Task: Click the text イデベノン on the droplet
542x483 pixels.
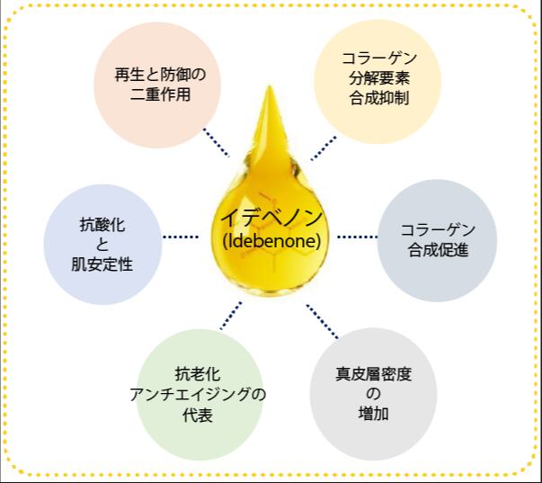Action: (x=271, y=218)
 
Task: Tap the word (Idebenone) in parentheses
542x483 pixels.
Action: (x=271, y=241)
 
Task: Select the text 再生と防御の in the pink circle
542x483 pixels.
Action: (x=160, y=75)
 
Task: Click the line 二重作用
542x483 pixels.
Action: (x=160, y=94)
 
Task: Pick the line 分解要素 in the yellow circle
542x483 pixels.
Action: (x=379, y=78)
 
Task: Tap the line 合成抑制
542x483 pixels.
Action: (x=379, y=98)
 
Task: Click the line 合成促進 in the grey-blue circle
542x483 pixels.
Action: (x=438, y=250)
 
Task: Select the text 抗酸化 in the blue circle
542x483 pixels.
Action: (x=102, y=225)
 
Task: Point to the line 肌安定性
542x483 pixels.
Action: (x=102, y=264)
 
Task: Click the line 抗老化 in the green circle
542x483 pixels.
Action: (x=198, y=374)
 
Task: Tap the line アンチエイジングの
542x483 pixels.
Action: (x=198, y=395)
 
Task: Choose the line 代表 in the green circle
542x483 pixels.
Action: (x=198, y=415)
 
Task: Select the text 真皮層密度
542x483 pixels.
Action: (x=374, y=374)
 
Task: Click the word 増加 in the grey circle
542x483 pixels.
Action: (x=374, y=414)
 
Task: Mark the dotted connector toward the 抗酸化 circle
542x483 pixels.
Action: (x=181, y=237)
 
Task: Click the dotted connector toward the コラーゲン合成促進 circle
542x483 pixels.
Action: (x=357, y=237)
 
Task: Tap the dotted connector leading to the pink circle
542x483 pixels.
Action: (x=216, y=142)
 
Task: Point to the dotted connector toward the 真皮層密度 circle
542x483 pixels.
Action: (x=322, y=321)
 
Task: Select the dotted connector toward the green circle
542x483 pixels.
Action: (x=231, y=316)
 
